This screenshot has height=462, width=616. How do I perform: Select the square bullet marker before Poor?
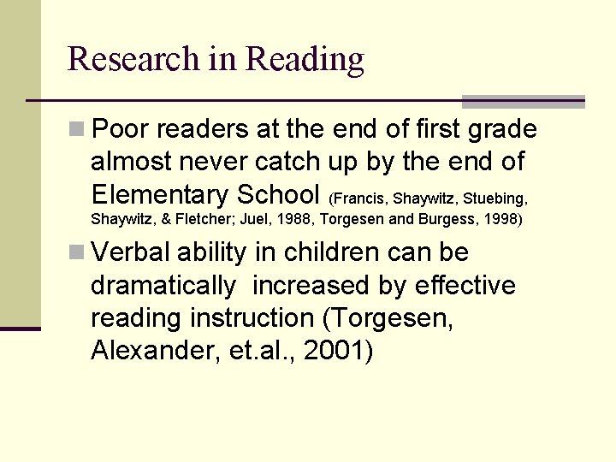coord(77,130)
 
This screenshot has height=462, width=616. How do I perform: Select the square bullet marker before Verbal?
coord(77,253)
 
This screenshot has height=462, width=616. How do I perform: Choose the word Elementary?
coord(160,193)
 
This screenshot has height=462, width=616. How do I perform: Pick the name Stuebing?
coord(495,198)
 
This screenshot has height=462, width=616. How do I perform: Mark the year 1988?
coord(295,219)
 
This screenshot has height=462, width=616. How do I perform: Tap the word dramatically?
coord(163,286)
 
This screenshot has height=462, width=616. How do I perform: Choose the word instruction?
coord(252,317)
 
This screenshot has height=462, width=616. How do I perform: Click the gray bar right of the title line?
coord(523,101)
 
